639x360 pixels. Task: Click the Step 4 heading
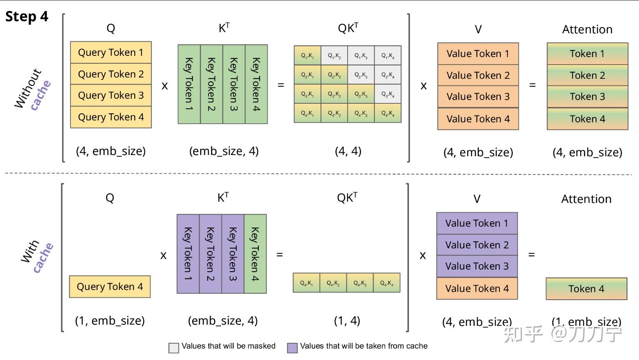27,17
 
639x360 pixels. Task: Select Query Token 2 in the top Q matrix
111,74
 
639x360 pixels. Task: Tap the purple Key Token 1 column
188,254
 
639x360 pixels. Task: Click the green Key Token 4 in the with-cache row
255,254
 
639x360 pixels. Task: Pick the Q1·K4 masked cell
388,55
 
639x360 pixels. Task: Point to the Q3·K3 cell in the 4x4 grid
361,94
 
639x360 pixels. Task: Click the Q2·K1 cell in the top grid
308,75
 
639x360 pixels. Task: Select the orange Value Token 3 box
478,97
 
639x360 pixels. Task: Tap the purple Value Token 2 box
477,245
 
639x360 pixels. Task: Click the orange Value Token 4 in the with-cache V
477,289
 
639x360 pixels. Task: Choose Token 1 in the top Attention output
587,54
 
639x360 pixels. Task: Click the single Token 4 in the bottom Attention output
586,289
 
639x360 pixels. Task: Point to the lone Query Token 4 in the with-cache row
110,287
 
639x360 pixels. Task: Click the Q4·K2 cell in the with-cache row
333,283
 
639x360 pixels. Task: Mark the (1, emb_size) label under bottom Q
110,320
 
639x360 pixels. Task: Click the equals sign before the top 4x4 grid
281,85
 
